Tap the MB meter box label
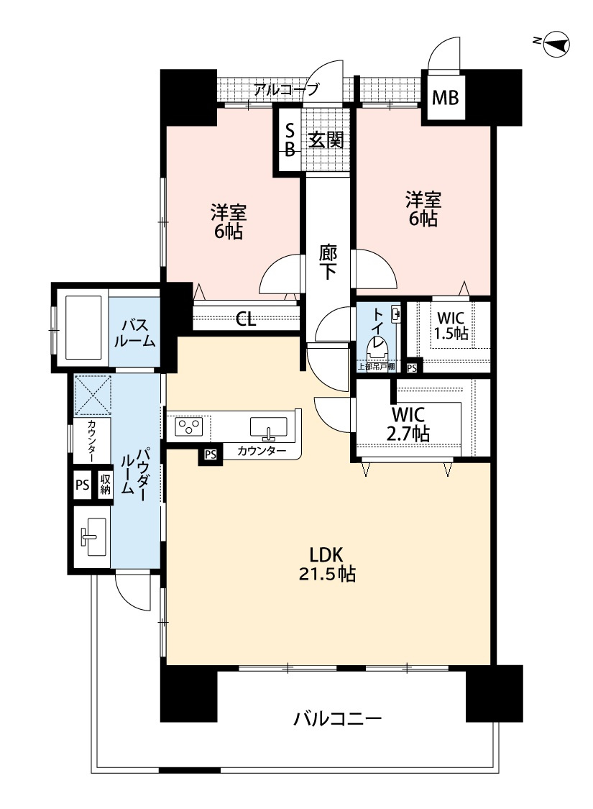click(x=444, y=98)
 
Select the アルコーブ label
click(x=285, y=89)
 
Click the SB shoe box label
click(x=290, y=140)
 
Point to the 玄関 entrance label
click(x=326, y=140)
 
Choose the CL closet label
click(x=246, y=319)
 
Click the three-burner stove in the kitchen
click(x=189, y=426)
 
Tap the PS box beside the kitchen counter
click(x=211, y=454)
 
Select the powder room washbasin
click(x=94, y=536)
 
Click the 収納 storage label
click(x=105, y=485)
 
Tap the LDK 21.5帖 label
click(x=327, y=564)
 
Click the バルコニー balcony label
click(x=338, y=718)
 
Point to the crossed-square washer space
click(x=93, y=395)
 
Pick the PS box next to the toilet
click(x=412, y=368)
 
